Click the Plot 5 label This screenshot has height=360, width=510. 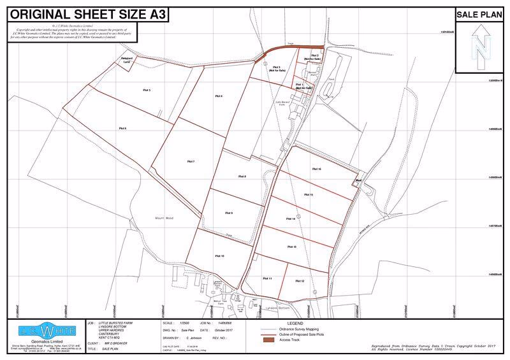pyautogui.click(x=146, y=90)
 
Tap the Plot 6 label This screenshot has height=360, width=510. pyautogui.click(x=122, y=129)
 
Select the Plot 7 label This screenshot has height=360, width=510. pyautogui.click(x=191, y=162)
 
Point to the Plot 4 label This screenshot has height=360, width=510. pyautogui.click(x=218, y=96)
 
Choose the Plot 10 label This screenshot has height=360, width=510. pyautogui.click(x=218, y=256)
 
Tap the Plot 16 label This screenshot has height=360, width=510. pyautogui.click(x=316, y=169)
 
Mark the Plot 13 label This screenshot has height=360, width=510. pyautogui.click(x=292, y=246)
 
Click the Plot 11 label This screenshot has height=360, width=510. pyautogui.click(x=267, y=279)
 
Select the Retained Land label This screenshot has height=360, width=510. pyautogui.click(x=126, y=61)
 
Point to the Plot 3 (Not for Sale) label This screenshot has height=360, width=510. pyautogui.click(x=276, y=69)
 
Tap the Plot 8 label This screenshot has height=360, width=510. pyautogui.click(x=242, y=176)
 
